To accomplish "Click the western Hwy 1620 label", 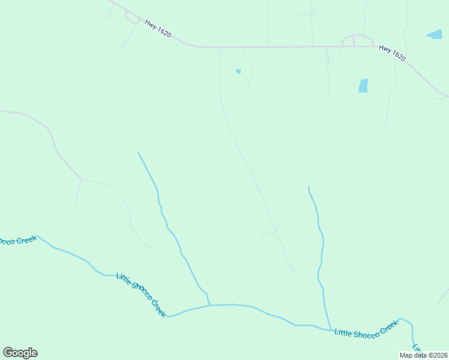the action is click(x=158, y=29).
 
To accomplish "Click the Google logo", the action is click(x=20, y=353).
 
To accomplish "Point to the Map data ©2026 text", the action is click(x=424, y=355).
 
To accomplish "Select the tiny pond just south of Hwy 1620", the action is click(x=238, y=71).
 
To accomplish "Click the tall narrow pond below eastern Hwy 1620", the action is click(x=363, y=86).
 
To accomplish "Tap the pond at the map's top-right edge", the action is click(x=435, y=34).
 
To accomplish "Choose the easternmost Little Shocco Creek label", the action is click(x=366, y=329).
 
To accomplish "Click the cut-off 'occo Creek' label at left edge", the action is click(x=18, y=241).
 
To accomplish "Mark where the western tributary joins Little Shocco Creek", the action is click(x=209, y=305).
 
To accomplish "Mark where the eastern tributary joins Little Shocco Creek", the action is click(x=330, y=329).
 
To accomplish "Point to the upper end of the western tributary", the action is click(x=139, y=153).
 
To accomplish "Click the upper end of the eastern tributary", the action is click(x=309, y=187).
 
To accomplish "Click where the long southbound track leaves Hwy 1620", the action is click(x=220, y=47).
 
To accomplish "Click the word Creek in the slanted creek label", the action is click(x=158, y=308).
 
